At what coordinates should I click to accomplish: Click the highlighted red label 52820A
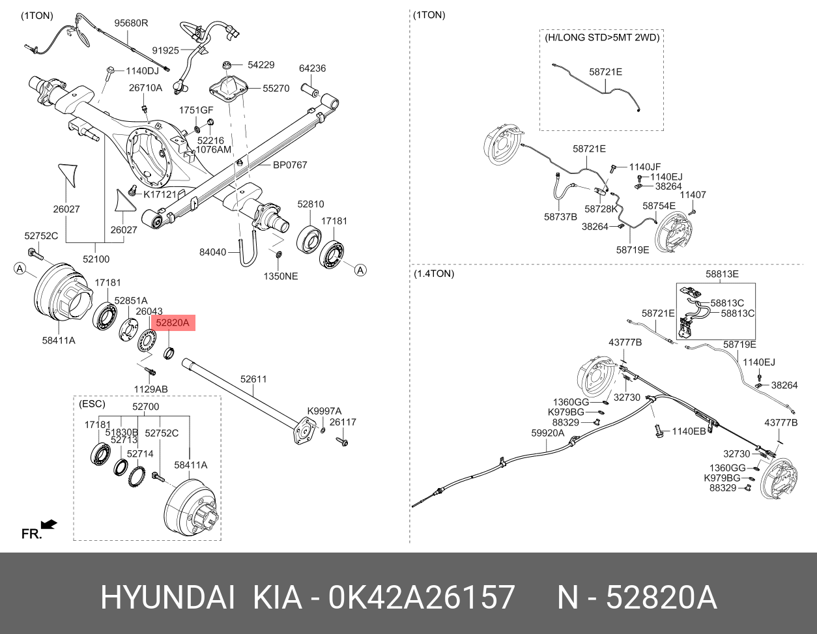(x=172, y=323)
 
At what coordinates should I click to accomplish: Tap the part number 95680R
(x=131, y=23)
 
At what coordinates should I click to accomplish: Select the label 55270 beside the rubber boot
(x=276, y=88)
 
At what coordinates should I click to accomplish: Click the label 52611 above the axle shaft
(x=253, y=379)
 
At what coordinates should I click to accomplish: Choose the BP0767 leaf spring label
(x=289, y=166)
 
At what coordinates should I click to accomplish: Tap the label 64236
(x=312, y=68)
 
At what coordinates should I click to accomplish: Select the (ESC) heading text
(x=91, y=404)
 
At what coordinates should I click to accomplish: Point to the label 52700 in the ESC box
(x=145, y=407)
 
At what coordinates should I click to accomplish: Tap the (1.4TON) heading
(x=434, y=274)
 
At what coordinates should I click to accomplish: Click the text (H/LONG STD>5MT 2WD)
(x=601, y=38)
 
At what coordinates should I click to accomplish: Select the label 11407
(x=693, y=195)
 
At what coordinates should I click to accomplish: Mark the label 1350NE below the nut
(x=280, y=276)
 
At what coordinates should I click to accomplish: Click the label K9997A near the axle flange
(x=324, y=411)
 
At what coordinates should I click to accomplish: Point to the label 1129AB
(x=151, y=389)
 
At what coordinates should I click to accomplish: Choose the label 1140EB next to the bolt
(x=689, y=431)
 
